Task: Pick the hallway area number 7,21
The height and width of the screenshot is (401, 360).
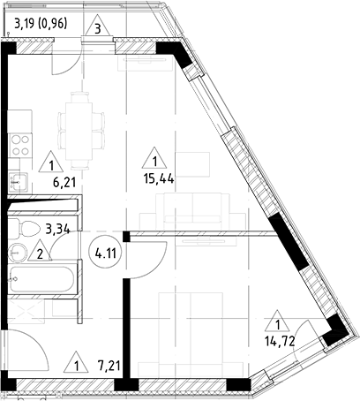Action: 109,363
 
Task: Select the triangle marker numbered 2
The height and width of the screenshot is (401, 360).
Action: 40,254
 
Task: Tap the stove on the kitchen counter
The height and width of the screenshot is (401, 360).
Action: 19,145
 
